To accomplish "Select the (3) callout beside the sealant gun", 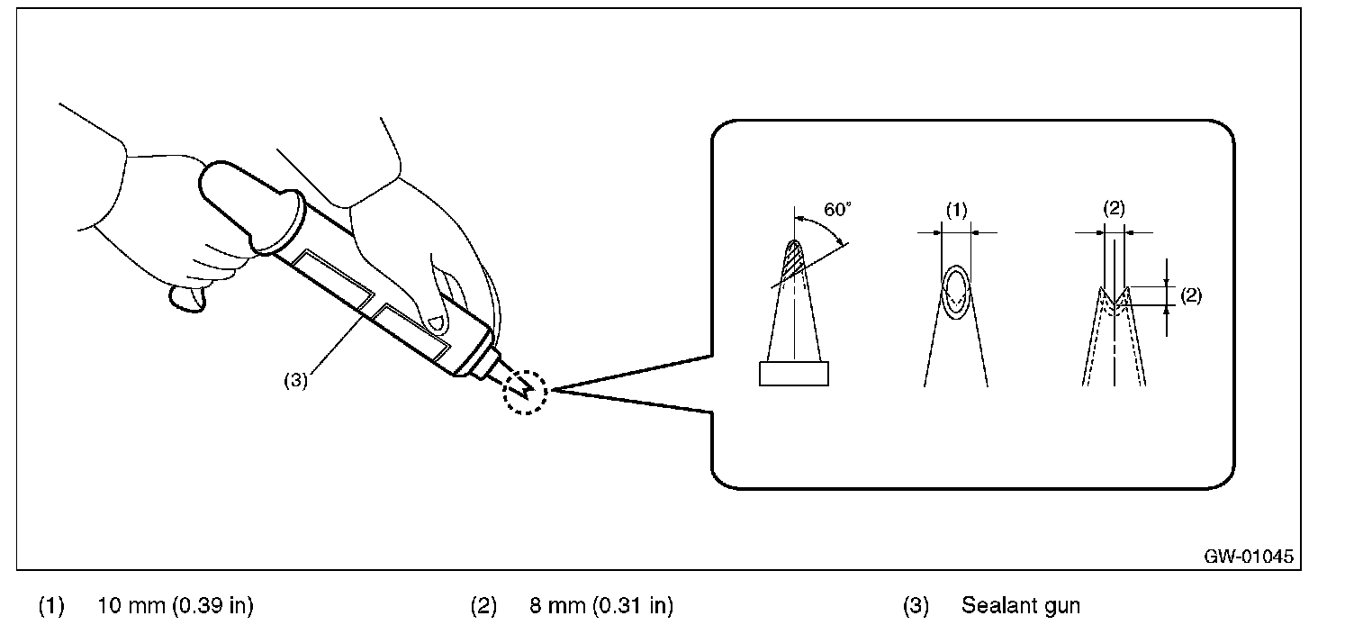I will (x=296, y=379).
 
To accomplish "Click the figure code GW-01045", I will (x=1249, y=557).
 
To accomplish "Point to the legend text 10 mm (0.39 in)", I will (x=175, y=606).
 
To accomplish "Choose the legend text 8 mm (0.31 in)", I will (x=601, y=606).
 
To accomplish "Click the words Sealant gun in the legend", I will (x=1020, y=606).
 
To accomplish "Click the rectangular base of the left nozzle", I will (x=793, y=373).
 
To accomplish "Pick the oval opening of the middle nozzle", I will (x=956, y=290).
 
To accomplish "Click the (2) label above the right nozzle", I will (x=1114, y=210).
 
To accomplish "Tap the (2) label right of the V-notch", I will (x=1190, y=295).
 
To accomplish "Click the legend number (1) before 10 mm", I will (x=51, y=606).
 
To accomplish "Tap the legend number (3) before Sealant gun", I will (x=916, y=606).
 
